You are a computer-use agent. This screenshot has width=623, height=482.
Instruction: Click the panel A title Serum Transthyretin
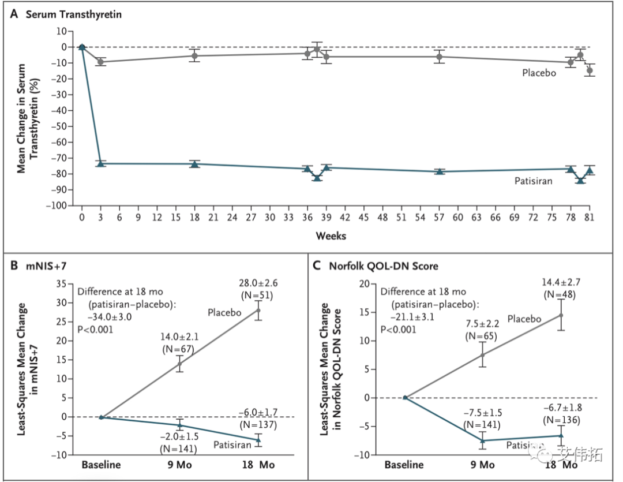73,14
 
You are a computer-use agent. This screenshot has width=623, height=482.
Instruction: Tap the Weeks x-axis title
331,236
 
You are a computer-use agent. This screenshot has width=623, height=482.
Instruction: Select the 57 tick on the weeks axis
440,217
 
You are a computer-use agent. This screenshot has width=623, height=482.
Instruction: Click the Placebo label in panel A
539,73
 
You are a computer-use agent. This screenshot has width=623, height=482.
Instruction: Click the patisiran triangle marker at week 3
101,163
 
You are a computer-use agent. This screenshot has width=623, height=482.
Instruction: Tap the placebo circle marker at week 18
195,56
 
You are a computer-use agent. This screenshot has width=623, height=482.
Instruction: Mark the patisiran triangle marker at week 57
440,171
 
